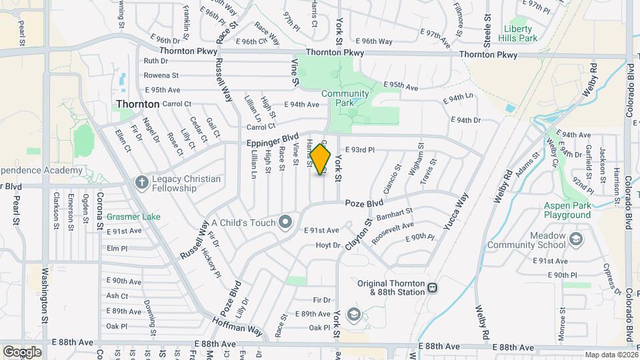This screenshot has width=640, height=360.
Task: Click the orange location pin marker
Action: point(321,159)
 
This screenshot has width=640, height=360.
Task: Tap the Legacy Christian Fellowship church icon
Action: point(141,181)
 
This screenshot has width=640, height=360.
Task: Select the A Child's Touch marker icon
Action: point(286,222)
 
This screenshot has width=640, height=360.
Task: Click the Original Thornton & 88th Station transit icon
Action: point(433,287)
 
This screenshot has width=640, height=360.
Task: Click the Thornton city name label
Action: point(138,104)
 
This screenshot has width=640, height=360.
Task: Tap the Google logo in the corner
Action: point(22,351)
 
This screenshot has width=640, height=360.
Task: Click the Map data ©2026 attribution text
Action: point(610,355)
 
